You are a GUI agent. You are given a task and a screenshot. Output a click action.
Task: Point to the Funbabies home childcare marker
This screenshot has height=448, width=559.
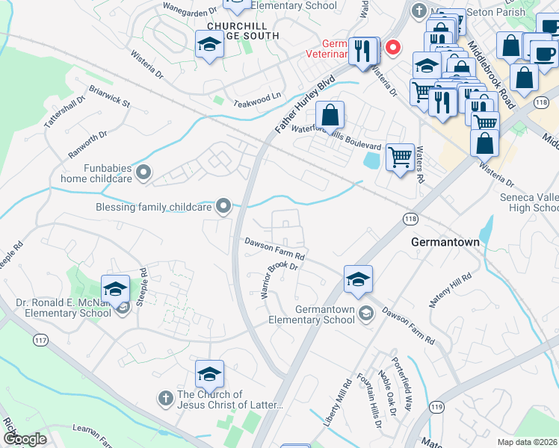(144, 173)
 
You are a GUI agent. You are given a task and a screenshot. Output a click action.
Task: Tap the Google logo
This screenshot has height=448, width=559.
(25, 438)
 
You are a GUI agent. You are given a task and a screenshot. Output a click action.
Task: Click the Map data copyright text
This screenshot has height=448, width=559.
(528, 442)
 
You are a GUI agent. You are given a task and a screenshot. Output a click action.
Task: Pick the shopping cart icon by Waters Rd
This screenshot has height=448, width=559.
(401, 158)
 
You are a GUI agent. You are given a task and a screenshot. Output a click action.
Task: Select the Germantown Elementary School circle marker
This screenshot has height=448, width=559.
(365, 312)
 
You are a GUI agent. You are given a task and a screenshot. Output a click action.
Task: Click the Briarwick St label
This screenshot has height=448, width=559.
(109, 98)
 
